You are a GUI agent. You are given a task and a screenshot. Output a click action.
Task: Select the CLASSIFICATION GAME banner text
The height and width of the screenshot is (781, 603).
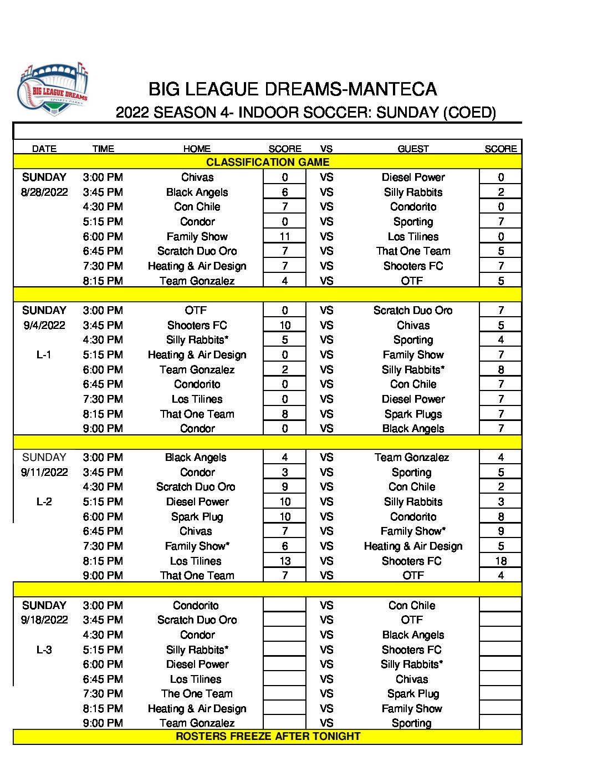pos(268,162)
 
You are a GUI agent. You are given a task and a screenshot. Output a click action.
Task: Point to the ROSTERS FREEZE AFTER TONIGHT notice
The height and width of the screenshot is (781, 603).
pos(268,736)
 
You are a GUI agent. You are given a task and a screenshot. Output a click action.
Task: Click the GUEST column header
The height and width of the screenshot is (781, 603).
pos(413,149)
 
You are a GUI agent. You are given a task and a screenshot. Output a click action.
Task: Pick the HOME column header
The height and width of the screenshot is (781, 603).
pos(197,149)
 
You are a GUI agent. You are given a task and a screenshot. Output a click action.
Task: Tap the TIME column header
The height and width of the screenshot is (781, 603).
pos(103,149)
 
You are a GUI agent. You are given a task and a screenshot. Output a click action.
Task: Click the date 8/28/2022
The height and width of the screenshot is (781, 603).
pos(44,192)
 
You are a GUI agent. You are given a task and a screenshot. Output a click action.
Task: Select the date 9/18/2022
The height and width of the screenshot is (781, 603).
pos(44,620)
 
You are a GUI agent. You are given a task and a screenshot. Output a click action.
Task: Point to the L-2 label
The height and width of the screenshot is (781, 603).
pos(44,501)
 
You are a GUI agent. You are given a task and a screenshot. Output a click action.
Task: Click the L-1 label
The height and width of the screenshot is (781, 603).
pos(44,354)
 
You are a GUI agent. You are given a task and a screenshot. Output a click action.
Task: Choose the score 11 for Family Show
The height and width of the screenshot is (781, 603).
pos(284,236)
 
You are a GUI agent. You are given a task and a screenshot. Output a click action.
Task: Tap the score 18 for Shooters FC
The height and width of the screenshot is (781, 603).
pos(500,561)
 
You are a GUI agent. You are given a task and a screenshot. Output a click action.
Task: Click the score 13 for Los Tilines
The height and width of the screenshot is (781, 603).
pos(284,561)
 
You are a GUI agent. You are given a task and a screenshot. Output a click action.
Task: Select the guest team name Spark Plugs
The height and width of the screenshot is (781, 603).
pos(413,414)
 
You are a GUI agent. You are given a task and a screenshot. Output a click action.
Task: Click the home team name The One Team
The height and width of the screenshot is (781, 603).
pos(197,693)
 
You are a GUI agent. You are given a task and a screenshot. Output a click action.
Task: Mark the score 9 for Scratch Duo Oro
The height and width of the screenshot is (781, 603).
pos(284,486)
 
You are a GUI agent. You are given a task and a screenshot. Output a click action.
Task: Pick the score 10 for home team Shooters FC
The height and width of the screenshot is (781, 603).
pos(284,325)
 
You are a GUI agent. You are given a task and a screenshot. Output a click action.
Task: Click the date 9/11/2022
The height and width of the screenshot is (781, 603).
pos(44,472)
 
